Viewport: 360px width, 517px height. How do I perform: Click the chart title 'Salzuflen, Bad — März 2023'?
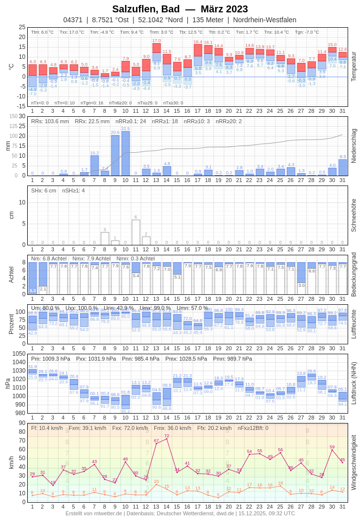pos(180,9)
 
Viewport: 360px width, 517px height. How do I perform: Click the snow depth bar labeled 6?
pos(136,232)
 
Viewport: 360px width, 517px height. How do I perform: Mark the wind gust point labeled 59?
pos(332,450)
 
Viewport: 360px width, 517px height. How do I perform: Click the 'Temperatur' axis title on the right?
pos(353,66)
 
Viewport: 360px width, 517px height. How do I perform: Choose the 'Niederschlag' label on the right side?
pos(353,146)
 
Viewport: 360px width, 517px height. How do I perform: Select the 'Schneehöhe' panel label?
pos(353,215)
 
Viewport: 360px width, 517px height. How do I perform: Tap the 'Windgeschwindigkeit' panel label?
pos(353,462)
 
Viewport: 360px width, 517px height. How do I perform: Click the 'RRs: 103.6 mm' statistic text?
pos(50,121)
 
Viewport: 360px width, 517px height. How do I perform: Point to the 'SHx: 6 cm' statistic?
pos(44,190)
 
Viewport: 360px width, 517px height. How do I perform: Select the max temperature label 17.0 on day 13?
pos(156,41)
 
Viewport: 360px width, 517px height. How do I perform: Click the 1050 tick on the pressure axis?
pos(19,354)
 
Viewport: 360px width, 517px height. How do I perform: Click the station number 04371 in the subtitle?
pos(73,20)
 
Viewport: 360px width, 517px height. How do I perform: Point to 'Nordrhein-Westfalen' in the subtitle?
pos(265,20)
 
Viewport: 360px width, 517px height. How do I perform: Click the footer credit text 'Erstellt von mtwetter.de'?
pos(94,513)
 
